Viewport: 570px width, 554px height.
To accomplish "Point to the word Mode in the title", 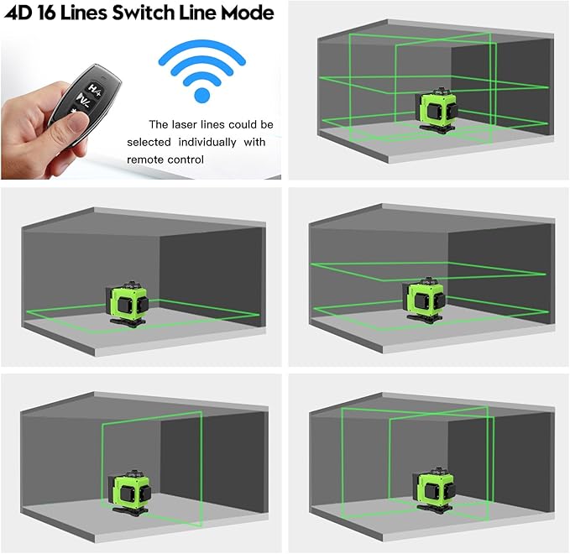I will pyautogui.click(x=250, y=13).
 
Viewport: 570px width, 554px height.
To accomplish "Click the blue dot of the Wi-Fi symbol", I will pyautogui.click(x=201, y=94).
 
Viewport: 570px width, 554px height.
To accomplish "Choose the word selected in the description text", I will pyautogui.click(x=149, y=141).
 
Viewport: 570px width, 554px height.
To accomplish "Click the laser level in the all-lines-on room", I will pyautogui.click(x=437, y=112).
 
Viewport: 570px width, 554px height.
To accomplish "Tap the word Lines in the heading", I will pyautogui.click(x=85, y=13).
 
